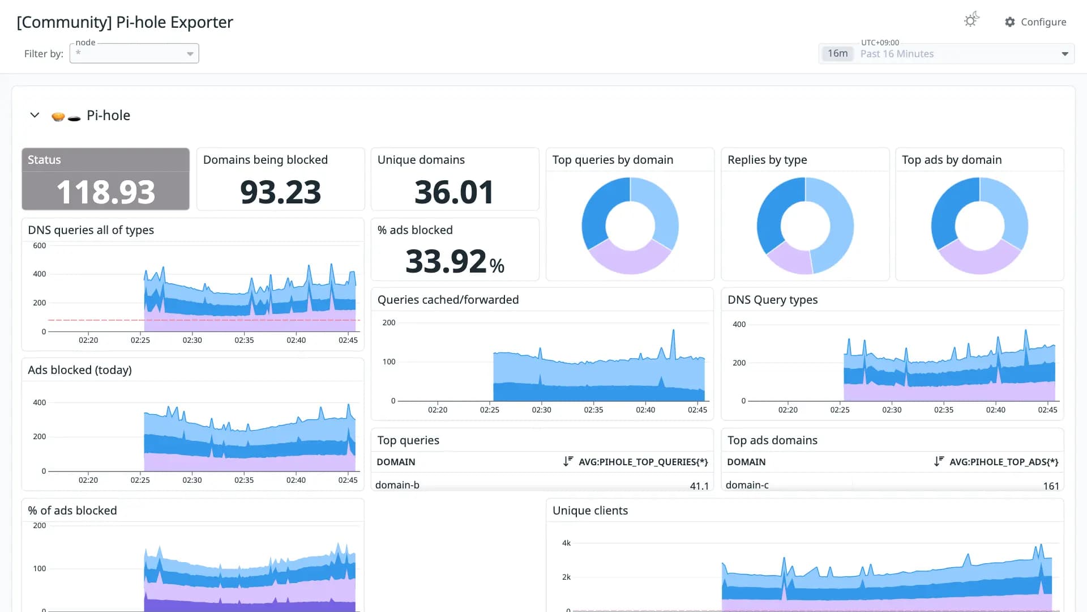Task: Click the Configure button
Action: click(x=1035, y=22)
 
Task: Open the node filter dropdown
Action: click(x=134, y=53)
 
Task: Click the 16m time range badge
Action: click(x=837, y=53)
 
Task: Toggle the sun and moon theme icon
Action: click(x=972, y=20)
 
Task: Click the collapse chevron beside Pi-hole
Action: click(x=35, y=115)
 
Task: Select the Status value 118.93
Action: click(x=106, y=192)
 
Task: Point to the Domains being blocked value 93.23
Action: click(x=280, y=192)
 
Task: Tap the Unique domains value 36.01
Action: click(x=454, y=192)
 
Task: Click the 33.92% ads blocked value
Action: click(x=455, y=261)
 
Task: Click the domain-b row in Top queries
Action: click(x=397, y=485)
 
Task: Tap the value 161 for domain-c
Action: click(x=1051, y=486)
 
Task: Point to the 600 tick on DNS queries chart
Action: click(x=40, y=245)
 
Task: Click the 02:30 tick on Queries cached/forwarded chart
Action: click(x=541, y=410)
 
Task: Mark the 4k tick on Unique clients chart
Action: click(x=566, y=543)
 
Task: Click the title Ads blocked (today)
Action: click(x=80, y=370)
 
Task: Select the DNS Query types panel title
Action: click(x=772, y=300)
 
